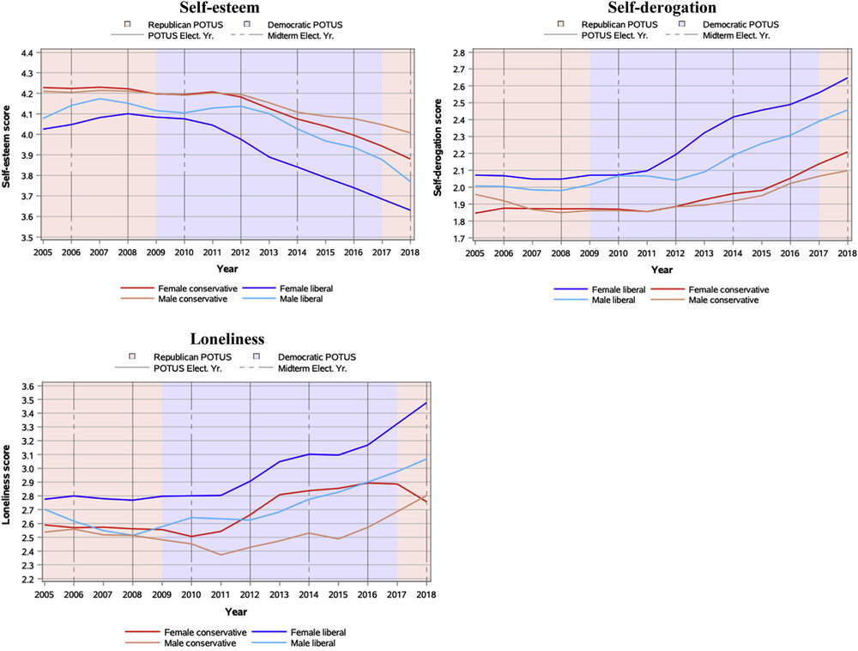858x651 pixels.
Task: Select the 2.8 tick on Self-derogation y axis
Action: [458, 53]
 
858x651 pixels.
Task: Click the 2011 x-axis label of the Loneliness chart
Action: [221, 592]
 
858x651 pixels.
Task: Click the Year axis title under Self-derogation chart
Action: [662, 269]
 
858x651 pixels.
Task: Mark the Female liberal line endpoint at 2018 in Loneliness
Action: [426, 403]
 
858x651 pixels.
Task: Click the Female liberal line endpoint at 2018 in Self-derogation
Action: [847, 78]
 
